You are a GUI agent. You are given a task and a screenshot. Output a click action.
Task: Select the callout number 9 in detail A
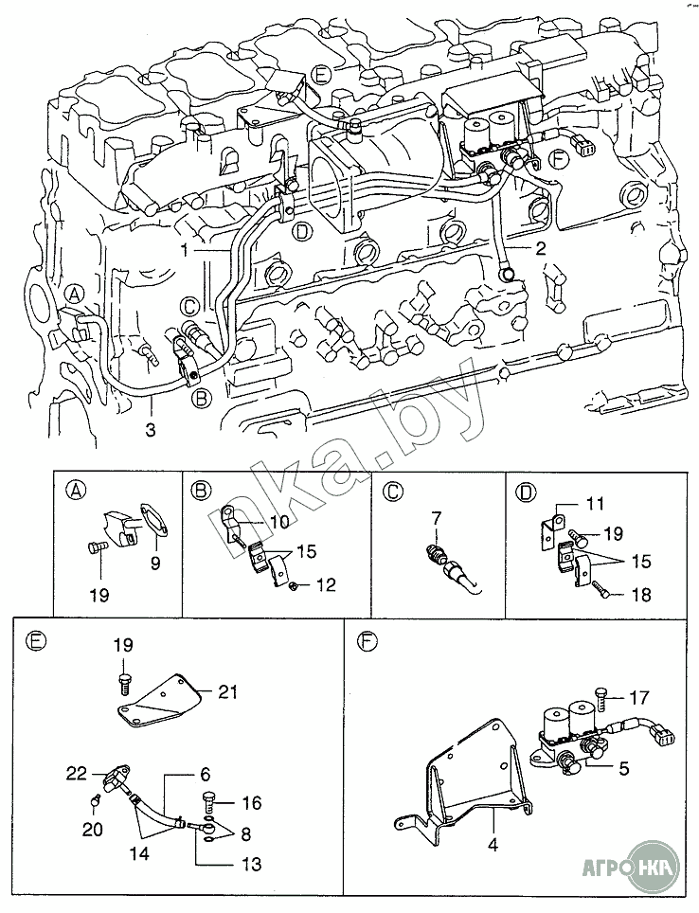pyautogui.click(x=155, y=563)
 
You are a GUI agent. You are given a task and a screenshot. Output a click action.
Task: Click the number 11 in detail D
pyautogui.click(x=594, y=504)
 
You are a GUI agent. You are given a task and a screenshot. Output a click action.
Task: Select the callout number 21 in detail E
pyautogui.click(x=227, y=693)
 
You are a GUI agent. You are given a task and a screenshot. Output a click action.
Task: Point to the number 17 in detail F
pyautogui.click(x=639, y=697)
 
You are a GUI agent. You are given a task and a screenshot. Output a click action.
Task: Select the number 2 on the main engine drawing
pyautogui.click(x=540, y=250)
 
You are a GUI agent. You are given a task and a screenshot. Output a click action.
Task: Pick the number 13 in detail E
pyautogui.click(x=250, y=864)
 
